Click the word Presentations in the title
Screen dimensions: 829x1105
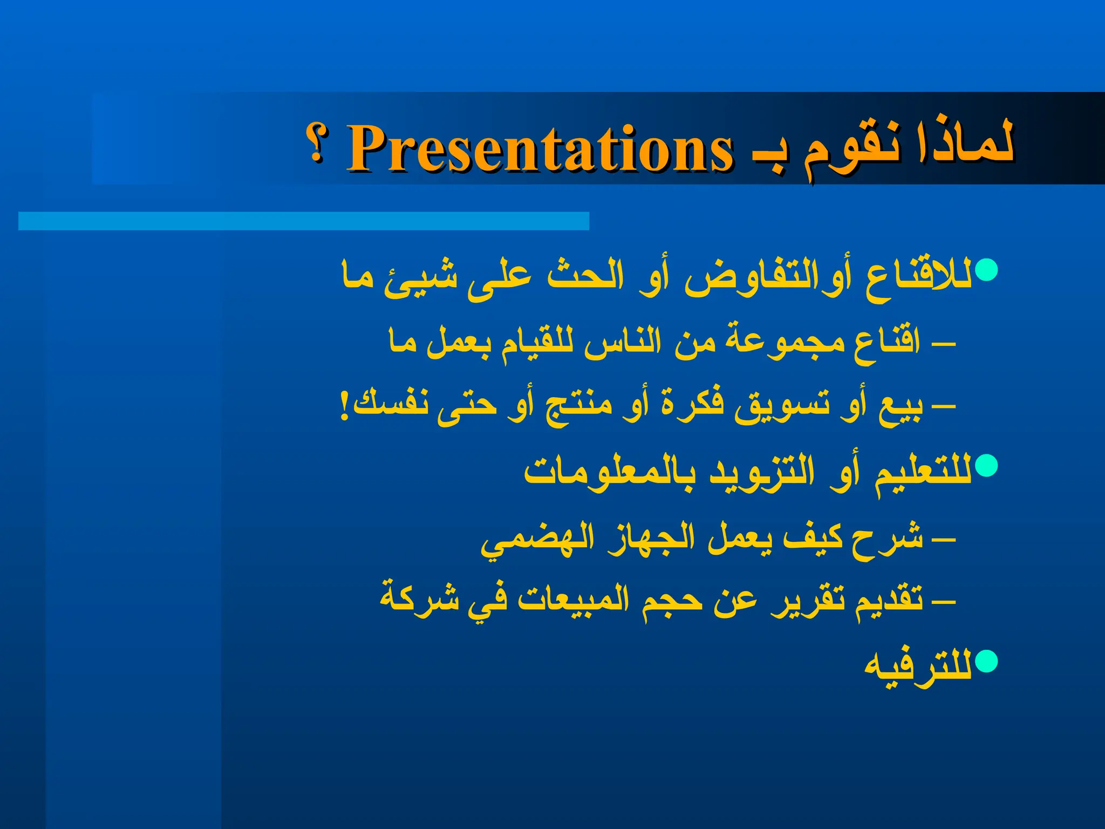click(540, 148)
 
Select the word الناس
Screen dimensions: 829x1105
click(623, 343)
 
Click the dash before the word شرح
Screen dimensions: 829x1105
click(944, 539)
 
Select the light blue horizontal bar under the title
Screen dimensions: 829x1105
click(303, 221)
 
